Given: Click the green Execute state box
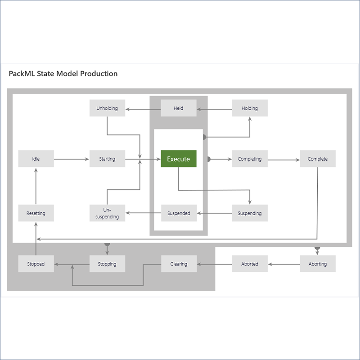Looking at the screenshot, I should (179, 159).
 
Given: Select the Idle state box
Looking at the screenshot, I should (36, 159).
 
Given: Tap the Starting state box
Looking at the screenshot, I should (107, 159).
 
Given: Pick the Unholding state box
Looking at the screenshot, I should (107, 108).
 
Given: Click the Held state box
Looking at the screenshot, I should (179, 108).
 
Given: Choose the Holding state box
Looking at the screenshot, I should (250, 108).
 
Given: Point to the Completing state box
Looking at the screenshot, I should (250, 159).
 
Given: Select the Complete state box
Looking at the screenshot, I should (318, 159).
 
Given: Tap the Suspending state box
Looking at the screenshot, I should (250, 213).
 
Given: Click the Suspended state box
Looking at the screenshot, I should (179, 213).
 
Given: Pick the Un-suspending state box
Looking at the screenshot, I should (107, 213).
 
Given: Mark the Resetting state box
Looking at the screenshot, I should (36, 213).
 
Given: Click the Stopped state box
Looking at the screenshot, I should (36, 264).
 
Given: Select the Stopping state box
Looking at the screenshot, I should (107, 264).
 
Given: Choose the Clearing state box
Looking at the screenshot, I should (179, 264).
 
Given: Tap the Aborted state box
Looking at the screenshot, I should (250, 264).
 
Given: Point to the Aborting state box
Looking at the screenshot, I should (318, 264).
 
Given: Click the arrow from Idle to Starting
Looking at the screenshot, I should (71, 159).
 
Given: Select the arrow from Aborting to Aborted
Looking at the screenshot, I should (284, 264).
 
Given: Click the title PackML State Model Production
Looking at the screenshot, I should (63, 73).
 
